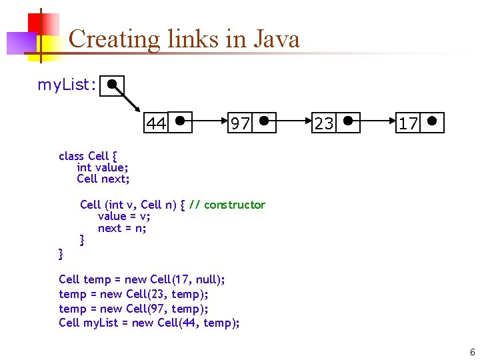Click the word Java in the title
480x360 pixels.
click(x=276, y=39)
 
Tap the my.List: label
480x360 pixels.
click(x=67, y=85)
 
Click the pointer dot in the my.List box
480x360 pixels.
click(x=113, y=84)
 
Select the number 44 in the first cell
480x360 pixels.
click(x=156, y=123)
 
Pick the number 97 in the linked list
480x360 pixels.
click(x=240, y=123)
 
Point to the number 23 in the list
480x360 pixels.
click(x=324, y=123)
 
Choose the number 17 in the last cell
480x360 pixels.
click(x=408, y=123)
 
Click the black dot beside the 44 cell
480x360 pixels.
click(x=181, y=122)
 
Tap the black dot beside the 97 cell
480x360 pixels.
click(x=264, y=121)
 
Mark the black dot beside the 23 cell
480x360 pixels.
click(x=348, y=122)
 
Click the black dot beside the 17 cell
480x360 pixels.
click(x=433, y=122)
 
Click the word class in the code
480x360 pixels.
click(x=71, y=156)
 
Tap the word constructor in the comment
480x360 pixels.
click(x=234, y=205)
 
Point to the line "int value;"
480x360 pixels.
click(x=102, y=167)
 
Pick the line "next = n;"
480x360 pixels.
click(x=122, y=228)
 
